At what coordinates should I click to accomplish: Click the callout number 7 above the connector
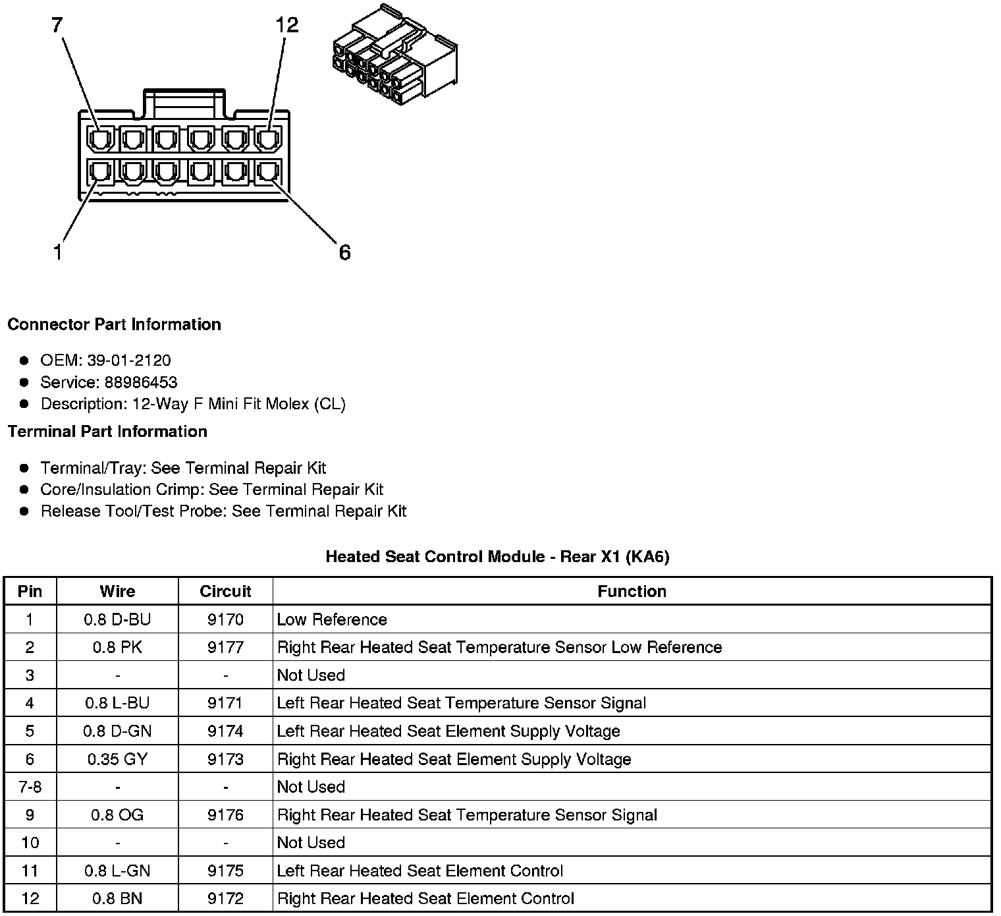point(57,26)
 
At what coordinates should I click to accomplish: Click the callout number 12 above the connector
point(287,26)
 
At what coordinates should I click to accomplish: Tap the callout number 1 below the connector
point(58,252)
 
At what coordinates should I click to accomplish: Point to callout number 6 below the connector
point(344,252)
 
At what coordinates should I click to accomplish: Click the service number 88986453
point(141,382)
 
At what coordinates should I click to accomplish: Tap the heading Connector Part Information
point(114,324)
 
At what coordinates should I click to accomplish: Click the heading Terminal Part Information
point(107,432)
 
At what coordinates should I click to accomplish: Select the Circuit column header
point(225,591)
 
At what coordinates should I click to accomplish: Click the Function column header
point(632,591)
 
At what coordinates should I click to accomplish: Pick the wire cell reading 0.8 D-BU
point(117,619)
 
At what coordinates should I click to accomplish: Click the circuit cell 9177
point(225,647)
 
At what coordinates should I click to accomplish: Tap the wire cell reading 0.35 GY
point(117,759)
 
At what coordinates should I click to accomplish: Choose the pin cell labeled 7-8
point(30,787)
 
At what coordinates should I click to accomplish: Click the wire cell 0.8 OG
point(117,815)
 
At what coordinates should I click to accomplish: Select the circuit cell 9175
point(225,871)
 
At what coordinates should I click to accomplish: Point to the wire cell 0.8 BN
point(117,898)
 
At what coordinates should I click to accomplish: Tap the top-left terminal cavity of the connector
point(98,139)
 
